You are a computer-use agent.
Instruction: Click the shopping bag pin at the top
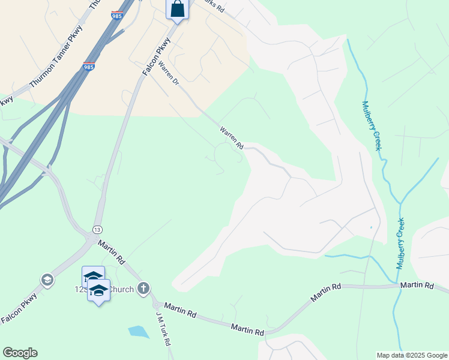[x=177, y=9]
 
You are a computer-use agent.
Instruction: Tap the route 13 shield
[x=97, y=230]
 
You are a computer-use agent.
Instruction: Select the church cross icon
[x=143, y=289]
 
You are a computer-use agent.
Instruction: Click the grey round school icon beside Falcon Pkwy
[x=47, y=280]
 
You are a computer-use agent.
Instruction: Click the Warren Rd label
[x=231, y=138]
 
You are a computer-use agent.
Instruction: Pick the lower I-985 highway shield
[x=89, y=66]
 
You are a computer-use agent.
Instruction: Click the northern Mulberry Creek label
[x=372, y=125]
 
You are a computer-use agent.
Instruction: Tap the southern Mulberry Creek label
[x=400, y=244]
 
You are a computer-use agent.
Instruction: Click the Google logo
[x=20, y=353]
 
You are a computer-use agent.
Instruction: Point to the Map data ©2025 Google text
[x=411, y=355]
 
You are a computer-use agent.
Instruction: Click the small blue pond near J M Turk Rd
[x=138, y=331]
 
